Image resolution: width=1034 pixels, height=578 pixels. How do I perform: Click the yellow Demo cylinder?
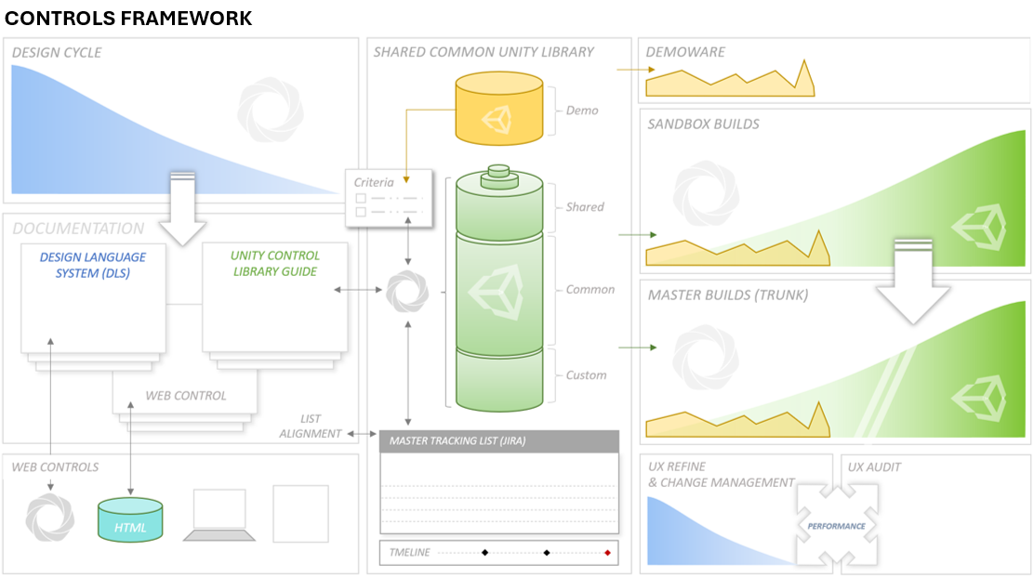click(499, 108)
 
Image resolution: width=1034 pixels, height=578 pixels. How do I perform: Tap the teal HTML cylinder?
click(130, 520)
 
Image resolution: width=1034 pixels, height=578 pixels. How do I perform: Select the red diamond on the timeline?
click(607, 552)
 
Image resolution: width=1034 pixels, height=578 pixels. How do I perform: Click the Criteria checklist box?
click(389, 198)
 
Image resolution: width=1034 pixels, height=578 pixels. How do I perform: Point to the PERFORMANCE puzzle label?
click(836, 526)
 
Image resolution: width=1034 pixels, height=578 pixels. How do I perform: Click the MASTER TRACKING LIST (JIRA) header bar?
click(499, 440)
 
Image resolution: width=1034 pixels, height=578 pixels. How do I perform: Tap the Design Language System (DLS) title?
click(93, 265)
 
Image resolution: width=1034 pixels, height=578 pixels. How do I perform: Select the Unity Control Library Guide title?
click(275, 263)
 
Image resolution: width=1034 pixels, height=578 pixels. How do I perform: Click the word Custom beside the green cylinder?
click(586, 375)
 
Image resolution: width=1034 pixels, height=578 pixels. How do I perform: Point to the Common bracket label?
click(590, 289)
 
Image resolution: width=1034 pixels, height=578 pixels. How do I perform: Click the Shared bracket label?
click(585, 207)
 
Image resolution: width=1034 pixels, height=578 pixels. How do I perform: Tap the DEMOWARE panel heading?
click(685, 52)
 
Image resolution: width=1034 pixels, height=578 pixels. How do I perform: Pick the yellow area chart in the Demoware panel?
click(730, 82)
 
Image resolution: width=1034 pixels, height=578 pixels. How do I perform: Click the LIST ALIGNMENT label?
click(310, 427)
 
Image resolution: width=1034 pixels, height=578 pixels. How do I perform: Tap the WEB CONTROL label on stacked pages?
click(186, 396)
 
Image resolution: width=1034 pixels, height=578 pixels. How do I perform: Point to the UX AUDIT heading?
click(874, 467)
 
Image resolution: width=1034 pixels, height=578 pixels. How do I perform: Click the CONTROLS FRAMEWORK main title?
click(128, 18)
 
